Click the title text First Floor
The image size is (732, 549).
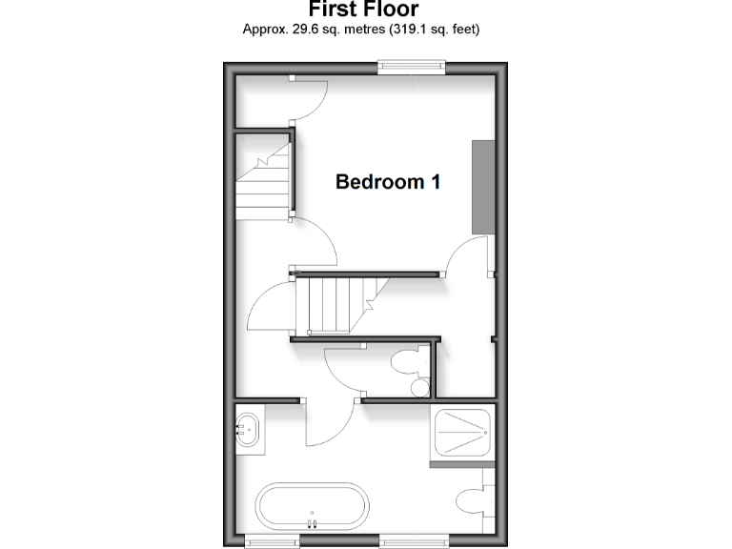click(x=363, y=10)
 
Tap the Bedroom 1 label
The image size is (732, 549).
click(x=387, y=181)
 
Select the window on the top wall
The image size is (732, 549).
click(x=411, y=66)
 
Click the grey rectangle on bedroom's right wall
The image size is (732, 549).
click(x=483, y=186)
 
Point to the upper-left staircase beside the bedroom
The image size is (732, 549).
click(x=263, y=181)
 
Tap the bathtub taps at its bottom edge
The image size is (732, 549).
click(x=311, y=522)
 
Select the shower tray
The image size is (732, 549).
click(x=461, y=434)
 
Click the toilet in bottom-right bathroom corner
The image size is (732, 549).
click(x=473, y=500)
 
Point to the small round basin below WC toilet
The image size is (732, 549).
click(x=418, y=388)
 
